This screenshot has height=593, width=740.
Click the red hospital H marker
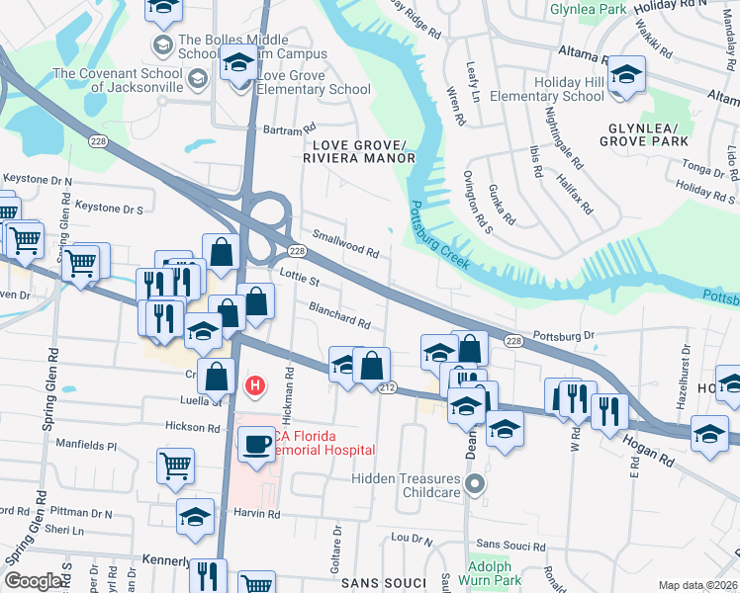click(255, 385)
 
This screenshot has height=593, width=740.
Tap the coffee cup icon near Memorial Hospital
click(256, 444)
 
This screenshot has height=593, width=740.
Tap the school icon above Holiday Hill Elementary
click(625, 75)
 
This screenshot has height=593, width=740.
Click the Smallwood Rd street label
click(346, 244)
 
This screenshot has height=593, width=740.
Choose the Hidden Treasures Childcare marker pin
click(476, 484)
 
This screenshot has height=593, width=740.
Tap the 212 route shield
click(386, 387)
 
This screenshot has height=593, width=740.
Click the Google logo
click(34, 581)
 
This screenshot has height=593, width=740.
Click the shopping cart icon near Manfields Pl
click(175, 465)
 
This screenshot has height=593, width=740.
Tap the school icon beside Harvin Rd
click(195, 516)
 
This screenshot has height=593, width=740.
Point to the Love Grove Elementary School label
click(313, 82)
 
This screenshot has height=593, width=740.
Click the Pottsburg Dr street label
click(563, 336)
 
